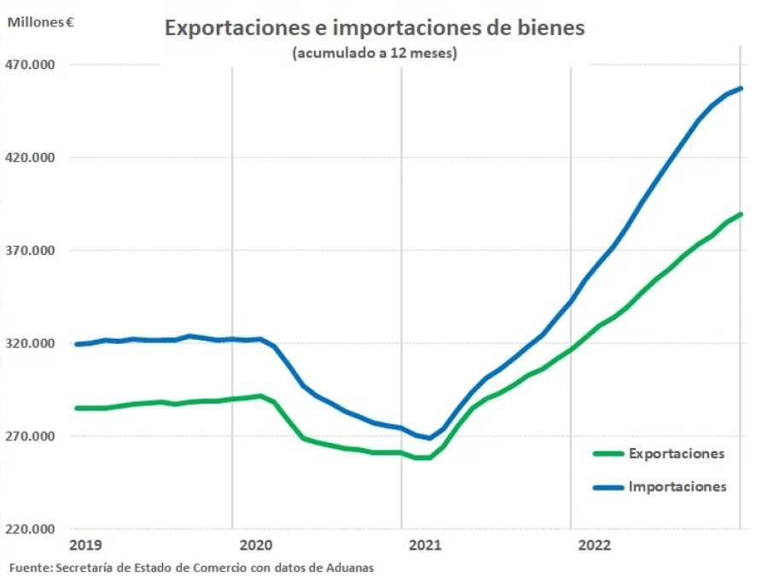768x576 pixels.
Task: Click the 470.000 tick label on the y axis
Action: (31, 65)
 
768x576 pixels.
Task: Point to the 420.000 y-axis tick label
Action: (31, 158)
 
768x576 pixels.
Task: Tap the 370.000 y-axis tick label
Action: (31, 251)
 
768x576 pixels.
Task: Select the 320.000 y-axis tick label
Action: (31, 344)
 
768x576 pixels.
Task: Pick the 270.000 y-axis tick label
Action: (31, 437)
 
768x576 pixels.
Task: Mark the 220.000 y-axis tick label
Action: (31, 530)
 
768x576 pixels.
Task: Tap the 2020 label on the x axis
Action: (256, 544)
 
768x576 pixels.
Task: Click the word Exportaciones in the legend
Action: (677, 453)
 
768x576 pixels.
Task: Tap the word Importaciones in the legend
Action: (678, 486)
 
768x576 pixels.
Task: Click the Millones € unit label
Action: (40, 22)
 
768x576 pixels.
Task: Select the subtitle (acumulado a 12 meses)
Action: (375, 53)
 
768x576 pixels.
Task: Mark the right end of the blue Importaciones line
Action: (741, 88)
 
